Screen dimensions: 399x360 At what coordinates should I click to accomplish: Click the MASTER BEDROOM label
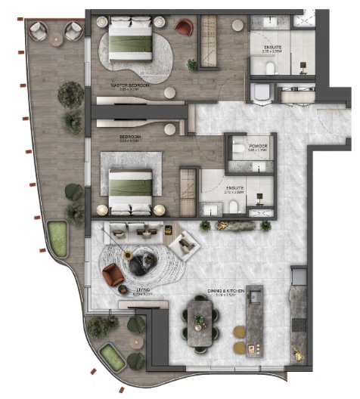pos(130,86)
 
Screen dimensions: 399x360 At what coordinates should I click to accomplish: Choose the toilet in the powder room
pos(237,147)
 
